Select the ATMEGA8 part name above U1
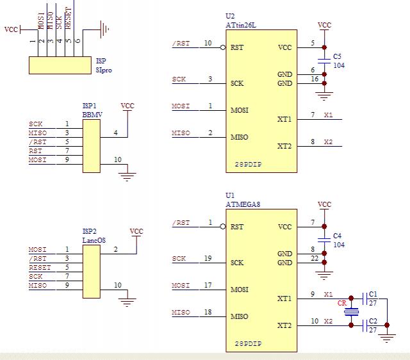(238, 204)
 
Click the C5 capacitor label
(337, 56)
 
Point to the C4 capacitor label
(337, 235)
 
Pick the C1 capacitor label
(373, 293)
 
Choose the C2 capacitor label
(373, 320)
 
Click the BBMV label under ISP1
(92, 114)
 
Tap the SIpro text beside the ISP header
(104, 70)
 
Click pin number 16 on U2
(314, 79)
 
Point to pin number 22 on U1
(314, 258)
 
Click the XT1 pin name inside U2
(284, 119)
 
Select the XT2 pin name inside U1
(284, 325)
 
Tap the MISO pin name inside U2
(239, 137)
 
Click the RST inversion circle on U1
(222, 227)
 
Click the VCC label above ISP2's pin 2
(136, 231)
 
